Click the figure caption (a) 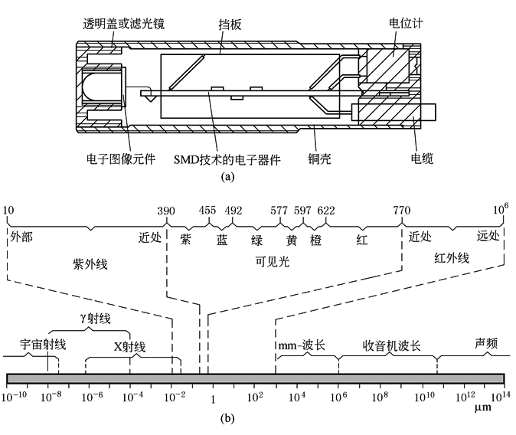(227, 175)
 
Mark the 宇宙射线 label (44, 344)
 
